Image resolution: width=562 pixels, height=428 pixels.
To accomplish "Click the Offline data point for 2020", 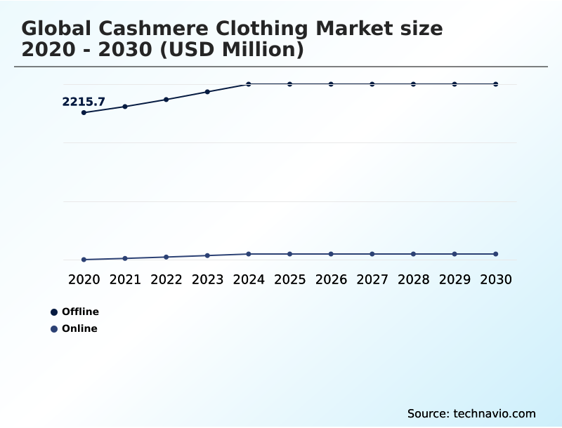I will [x=84, y=112].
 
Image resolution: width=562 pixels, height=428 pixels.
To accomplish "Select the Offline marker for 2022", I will [x=166, y=100].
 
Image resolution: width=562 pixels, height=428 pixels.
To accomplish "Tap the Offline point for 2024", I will [x=249, y=84].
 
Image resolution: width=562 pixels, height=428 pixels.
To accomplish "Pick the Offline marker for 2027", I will [x=372, y=84].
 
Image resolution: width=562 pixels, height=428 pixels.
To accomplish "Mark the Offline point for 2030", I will [x=496, y=84].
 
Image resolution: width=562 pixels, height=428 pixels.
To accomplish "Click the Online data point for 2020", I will [x=84, y=260].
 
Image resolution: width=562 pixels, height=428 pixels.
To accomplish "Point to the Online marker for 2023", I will [x=207, y=255].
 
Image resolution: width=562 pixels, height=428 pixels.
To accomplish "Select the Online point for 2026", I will [x=331, y=254].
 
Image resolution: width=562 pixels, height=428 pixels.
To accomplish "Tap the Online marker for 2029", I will [x=455, y=254].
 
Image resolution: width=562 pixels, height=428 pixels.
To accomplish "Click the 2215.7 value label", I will [x=84, y=102].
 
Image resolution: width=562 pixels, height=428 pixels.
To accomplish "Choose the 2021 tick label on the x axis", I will [x=125, y=279].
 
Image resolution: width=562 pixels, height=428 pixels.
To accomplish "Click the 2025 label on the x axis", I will [x=289, y=279].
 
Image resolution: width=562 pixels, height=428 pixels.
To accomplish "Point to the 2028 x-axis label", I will [x=413, y=279].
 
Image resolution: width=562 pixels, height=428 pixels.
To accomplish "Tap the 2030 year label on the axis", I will [x=496, y=279].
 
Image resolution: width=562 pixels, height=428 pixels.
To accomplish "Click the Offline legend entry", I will [x=79, y=312].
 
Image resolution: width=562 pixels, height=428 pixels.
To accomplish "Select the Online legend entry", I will [x=79, y=328].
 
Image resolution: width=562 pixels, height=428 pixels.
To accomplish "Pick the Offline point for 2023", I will [x=207, y=92].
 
